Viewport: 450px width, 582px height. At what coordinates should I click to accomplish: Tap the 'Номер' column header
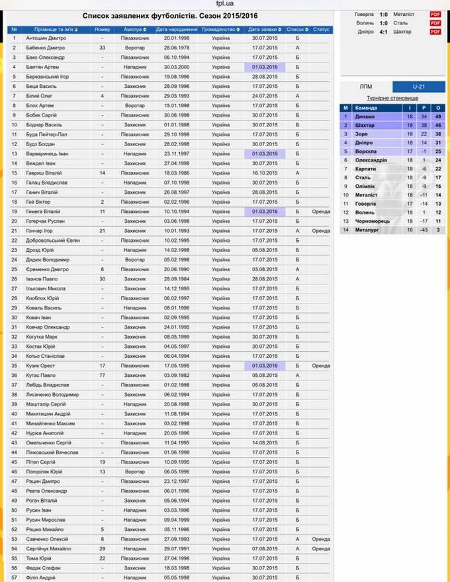click(103, 30)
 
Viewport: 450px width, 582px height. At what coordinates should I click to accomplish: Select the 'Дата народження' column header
click(177, 30)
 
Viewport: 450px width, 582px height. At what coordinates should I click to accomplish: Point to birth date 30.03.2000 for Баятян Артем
click(177, 67)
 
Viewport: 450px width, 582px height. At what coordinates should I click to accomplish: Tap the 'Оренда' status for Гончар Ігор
click(321, 230)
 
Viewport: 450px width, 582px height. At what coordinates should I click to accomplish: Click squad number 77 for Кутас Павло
click(103, 375)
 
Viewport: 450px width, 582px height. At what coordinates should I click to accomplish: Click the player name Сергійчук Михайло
click(50, 548)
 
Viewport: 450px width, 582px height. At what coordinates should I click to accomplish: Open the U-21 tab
click(418, 87)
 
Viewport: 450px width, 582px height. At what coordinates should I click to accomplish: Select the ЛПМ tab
click(366, 87)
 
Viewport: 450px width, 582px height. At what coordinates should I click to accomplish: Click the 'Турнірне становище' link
click(392, 97)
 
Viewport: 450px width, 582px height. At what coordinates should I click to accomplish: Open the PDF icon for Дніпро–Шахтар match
click(435, 32)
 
